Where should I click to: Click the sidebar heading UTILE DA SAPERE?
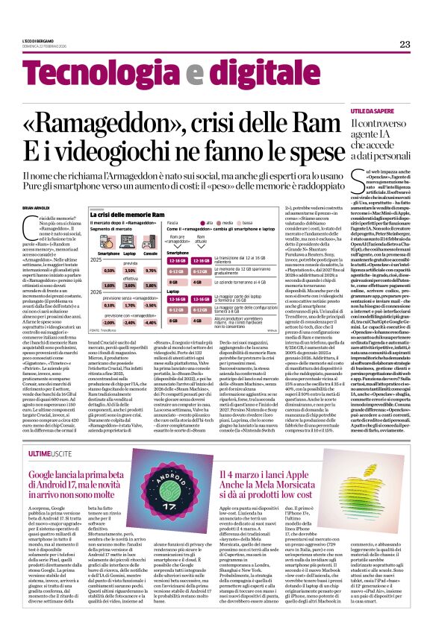(373, 110)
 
